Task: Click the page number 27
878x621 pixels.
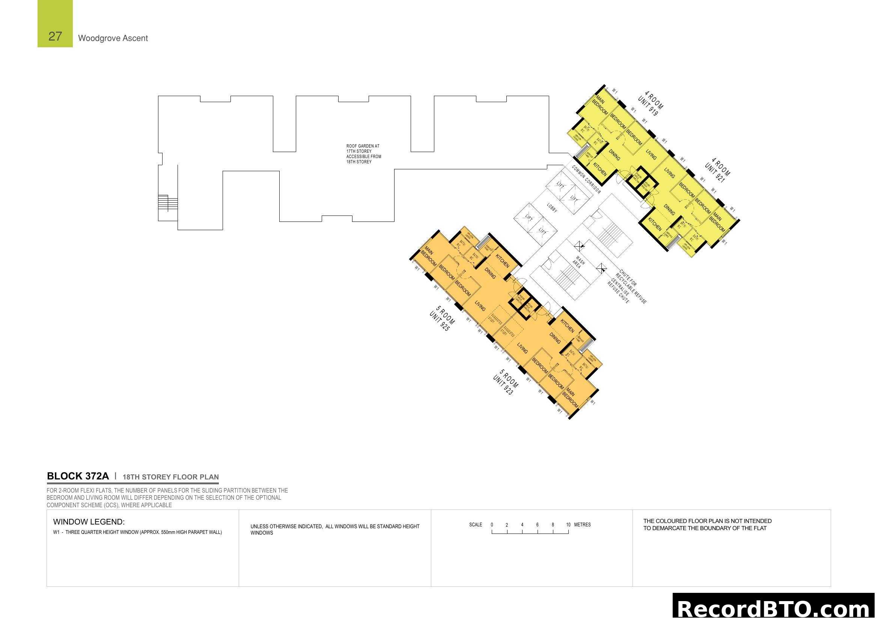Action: pos(55,36)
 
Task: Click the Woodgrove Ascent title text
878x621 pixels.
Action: pos(113,38)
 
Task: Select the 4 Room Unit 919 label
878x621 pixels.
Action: pos(651,104)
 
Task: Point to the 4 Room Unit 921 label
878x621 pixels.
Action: pos(717,170)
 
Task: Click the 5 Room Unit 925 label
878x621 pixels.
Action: pos(442,318)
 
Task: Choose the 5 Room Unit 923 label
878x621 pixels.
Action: pos(506,382)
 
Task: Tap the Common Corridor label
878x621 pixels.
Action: pos(586,179)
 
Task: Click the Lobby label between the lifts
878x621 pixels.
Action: pos(552,208)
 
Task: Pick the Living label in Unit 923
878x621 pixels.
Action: pos(523,348)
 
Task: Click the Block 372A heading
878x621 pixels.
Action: pos(78,476)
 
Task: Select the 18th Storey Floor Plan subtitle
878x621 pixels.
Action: pos(170,477)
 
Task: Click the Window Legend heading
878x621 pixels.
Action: pos(89,522)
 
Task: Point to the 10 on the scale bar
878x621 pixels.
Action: pos(568,525)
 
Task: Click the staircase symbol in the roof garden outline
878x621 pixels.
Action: pos(168,202)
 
